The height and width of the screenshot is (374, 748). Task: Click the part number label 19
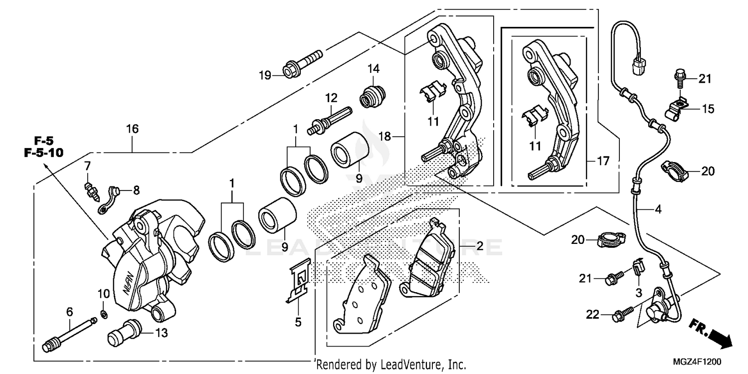(264, 76)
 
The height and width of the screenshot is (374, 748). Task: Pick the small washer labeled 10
(102, 314)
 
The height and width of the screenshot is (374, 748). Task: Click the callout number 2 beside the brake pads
(479, 246)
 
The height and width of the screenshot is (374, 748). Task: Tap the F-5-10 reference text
(44, 153)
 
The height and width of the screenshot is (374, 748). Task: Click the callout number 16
(132, 129)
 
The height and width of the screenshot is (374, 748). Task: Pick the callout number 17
(603, 161)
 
